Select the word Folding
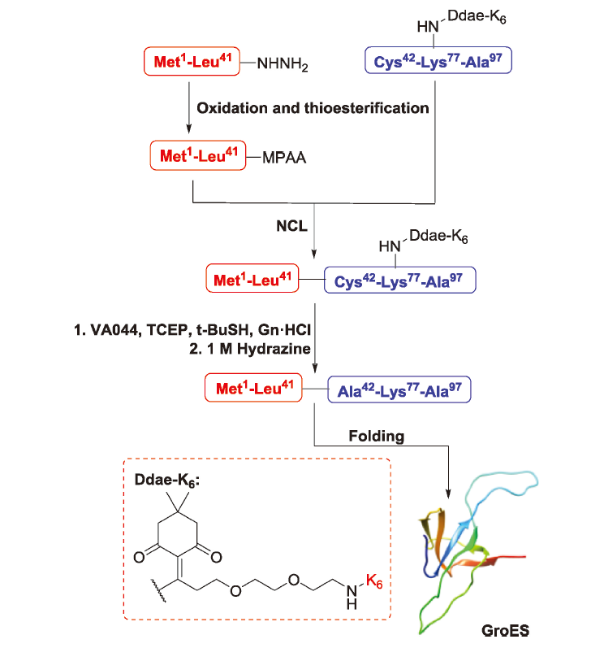point(376,436)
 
